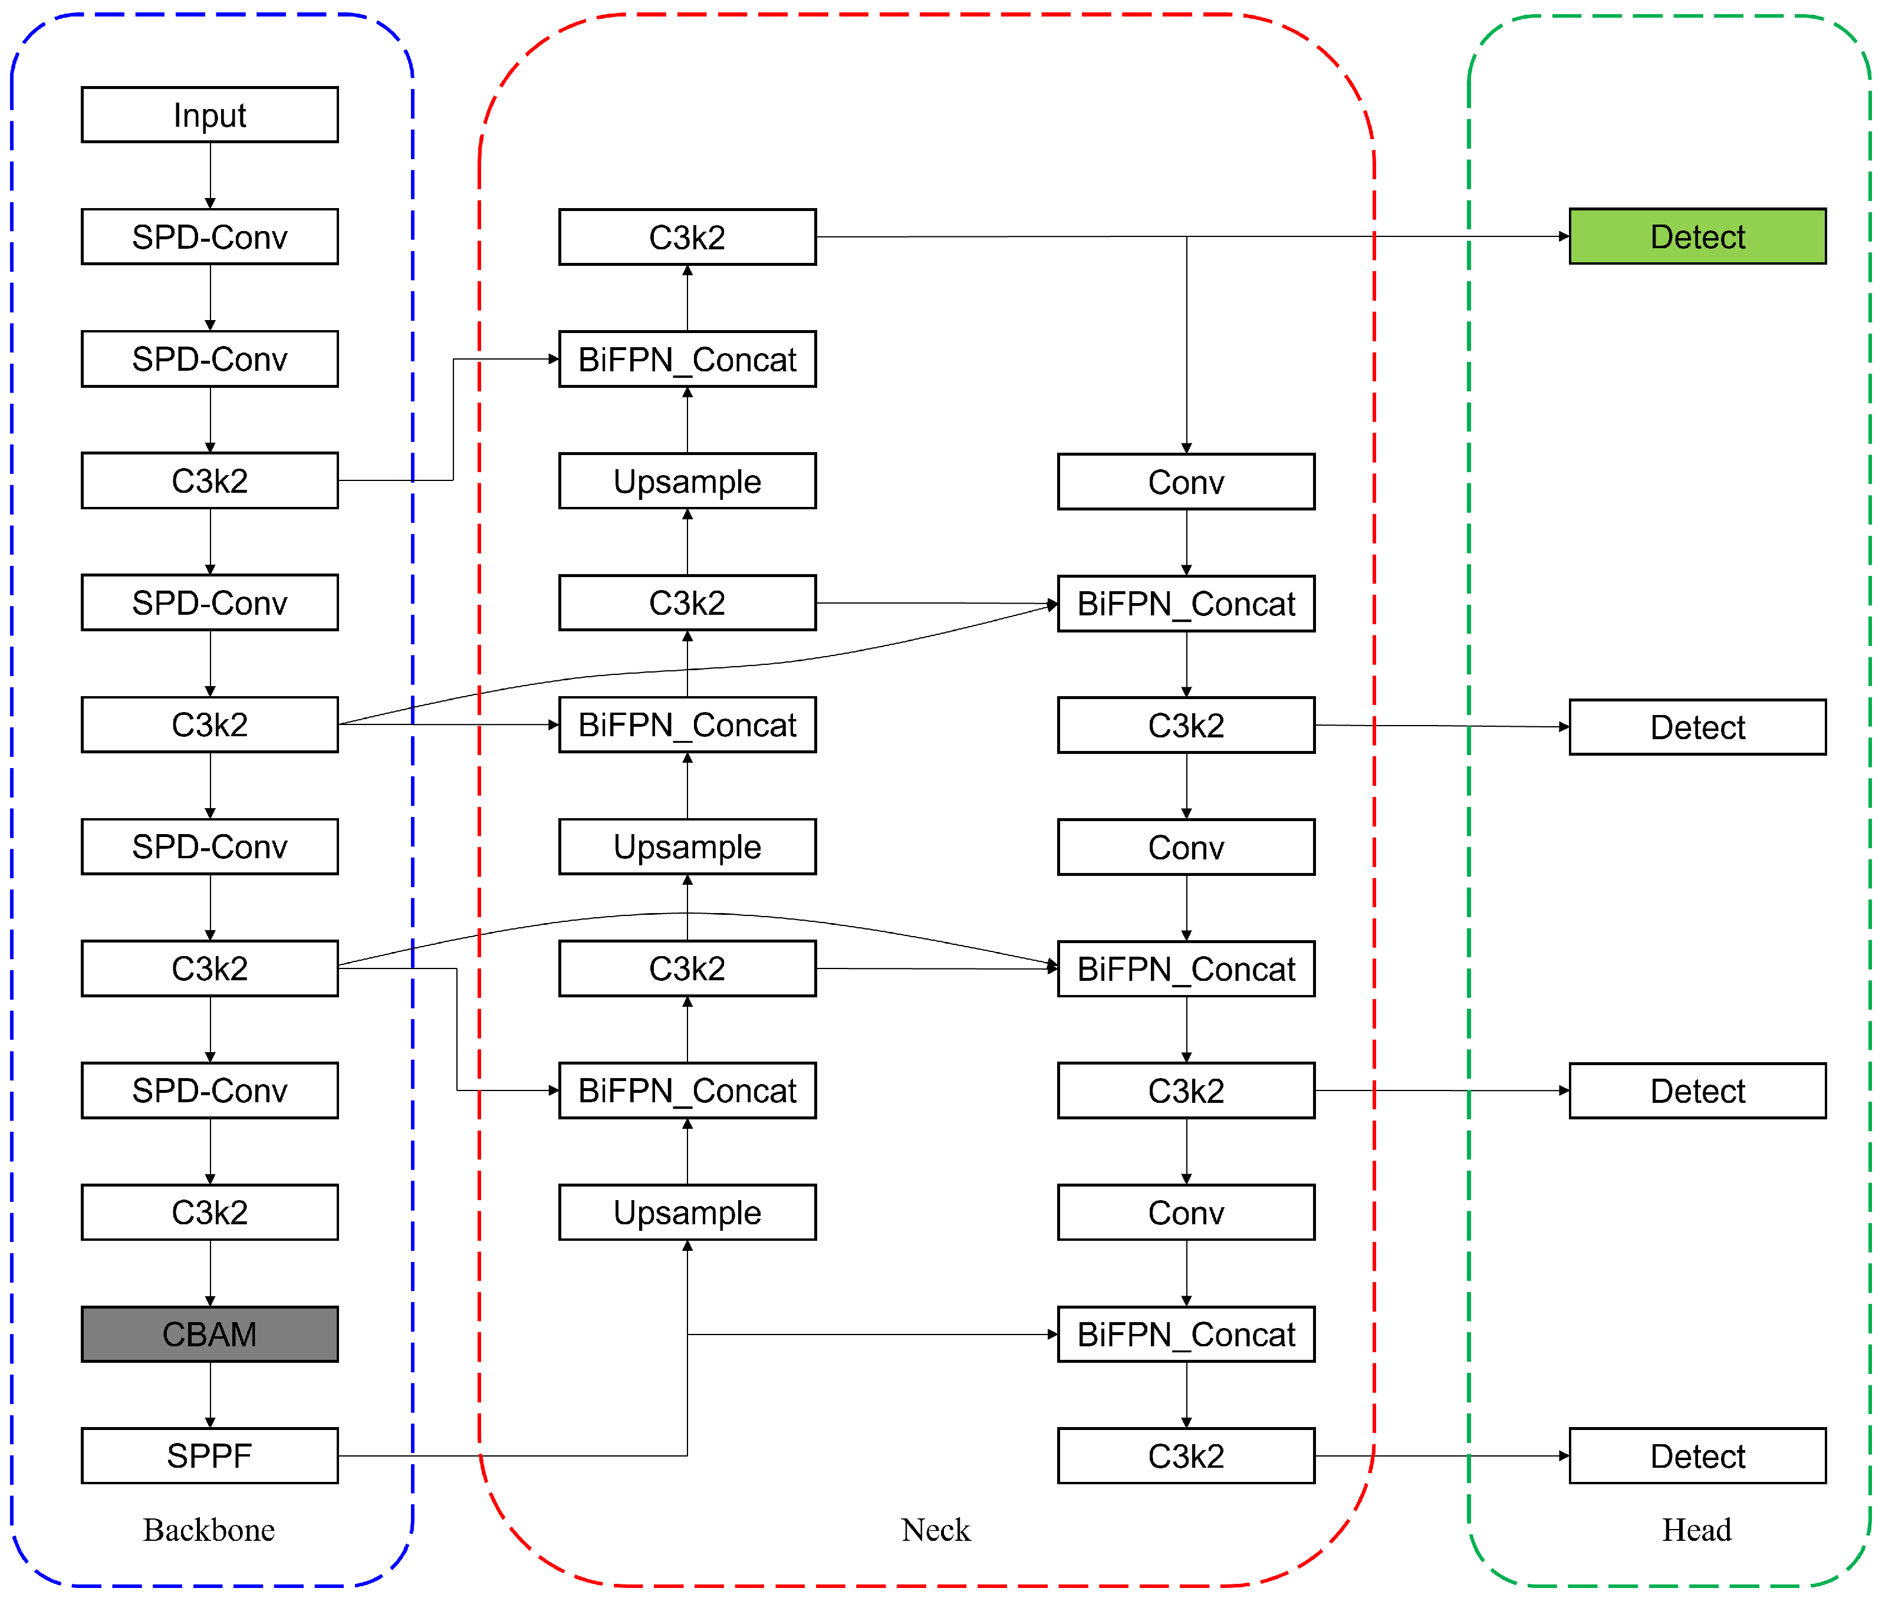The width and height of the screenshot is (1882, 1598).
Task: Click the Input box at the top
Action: point(209,115)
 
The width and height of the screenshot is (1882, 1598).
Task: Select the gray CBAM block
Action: point(209,1333)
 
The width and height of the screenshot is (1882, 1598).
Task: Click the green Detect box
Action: point(1696,236)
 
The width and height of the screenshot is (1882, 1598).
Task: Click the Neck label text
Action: point(935,1530)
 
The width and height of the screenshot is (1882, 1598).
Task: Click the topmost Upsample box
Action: point(687,481)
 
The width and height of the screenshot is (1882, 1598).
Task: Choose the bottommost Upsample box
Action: point(687,1212)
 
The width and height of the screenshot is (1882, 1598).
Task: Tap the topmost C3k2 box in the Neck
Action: point(687,238)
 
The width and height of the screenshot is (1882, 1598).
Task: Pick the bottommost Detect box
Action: point(1696,1456)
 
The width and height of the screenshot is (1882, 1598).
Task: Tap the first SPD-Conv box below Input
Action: point(209,238)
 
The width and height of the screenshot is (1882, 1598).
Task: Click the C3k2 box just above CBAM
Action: point(209,1212)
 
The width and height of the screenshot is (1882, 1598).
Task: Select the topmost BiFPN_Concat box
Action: point(687,360)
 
